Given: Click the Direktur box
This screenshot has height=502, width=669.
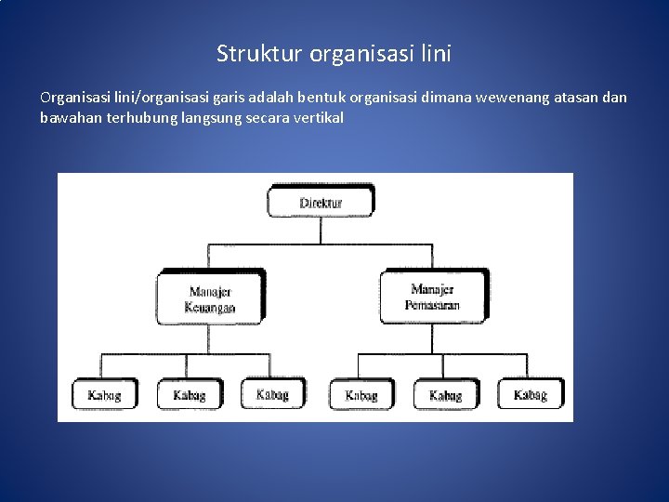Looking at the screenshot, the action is [x=321, y=202].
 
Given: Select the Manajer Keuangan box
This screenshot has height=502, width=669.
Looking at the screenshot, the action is [x=211, y=298].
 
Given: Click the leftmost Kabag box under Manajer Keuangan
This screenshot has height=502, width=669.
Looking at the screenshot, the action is [x=104, y=395].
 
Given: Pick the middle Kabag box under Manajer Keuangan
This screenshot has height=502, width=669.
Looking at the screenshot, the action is [x=189, y=395].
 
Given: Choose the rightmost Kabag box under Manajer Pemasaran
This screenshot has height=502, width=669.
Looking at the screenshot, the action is [x=530, y=395].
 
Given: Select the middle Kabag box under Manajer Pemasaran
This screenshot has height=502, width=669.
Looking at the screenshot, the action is [x=445, y=395].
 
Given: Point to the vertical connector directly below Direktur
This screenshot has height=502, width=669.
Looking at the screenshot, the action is [x=321, y=231].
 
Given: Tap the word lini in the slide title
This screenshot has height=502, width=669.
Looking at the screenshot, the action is [x=434, y=54].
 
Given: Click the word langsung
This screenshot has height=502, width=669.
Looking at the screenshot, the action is [x=207, y=118].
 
